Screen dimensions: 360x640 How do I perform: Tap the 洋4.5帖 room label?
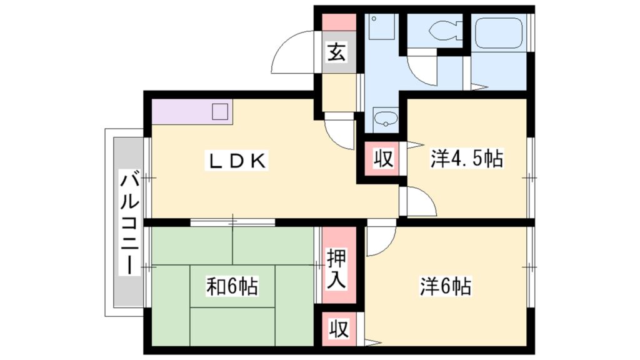tap(466, 159)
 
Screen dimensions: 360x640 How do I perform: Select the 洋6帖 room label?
tap(445, 286)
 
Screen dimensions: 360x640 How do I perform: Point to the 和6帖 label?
tap(232, 286)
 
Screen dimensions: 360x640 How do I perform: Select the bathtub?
tap(498, 32)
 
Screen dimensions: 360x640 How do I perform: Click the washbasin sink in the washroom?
tap(383, 117)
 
